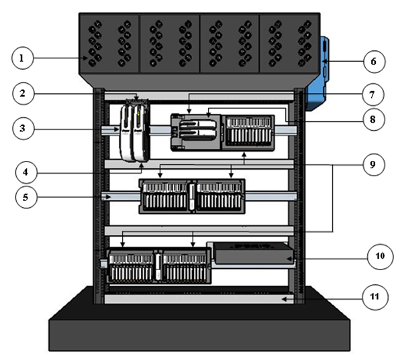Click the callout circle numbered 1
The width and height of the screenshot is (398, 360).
point(22,58)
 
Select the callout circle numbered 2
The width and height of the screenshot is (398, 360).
point(23,94)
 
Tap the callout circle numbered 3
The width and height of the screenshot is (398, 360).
point(23,128)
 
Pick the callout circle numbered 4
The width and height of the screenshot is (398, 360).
point(26,172)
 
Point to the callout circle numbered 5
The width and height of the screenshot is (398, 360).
point(26,197)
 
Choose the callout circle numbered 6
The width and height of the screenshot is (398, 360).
point(374,62)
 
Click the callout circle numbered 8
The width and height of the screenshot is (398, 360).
point(373,119)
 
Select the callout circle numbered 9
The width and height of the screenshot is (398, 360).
point(373,165)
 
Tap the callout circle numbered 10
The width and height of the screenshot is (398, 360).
point(380,256)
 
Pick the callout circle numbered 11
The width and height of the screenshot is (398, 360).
point(375,297)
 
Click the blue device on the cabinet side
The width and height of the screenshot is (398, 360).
point(317,74)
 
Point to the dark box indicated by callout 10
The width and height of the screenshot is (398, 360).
point(253,253)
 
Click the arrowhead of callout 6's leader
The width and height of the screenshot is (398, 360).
point(324,62)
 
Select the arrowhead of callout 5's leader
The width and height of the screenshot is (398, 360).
point(108,197)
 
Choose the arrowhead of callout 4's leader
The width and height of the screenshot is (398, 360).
point(142,166)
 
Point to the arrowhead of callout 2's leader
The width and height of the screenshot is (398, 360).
point(136,99)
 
